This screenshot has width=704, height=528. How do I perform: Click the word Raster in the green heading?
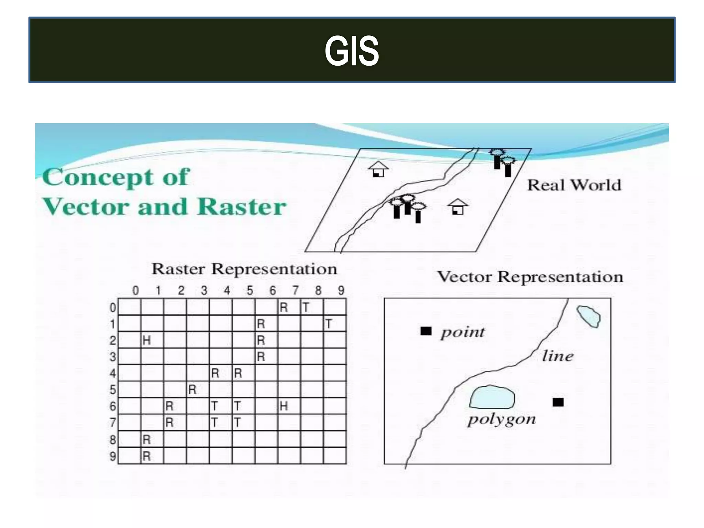242,207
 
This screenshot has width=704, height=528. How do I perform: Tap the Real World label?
574,185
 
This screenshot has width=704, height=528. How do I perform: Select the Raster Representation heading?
244,269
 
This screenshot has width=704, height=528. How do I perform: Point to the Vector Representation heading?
530,277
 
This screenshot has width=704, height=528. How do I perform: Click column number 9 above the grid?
341,291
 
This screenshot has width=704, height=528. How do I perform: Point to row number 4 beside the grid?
113,373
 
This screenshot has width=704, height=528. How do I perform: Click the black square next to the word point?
426,331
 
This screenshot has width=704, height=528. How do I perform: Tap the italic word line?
558,356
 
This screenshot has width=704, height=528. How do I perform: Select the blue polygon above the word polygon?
492,397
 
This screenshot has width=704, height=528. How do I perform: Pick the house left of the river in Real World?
378,169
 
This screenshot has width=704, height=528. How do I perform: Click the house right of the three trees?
458,207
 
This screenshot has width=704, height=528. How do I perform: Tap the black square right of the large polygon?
558,402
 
